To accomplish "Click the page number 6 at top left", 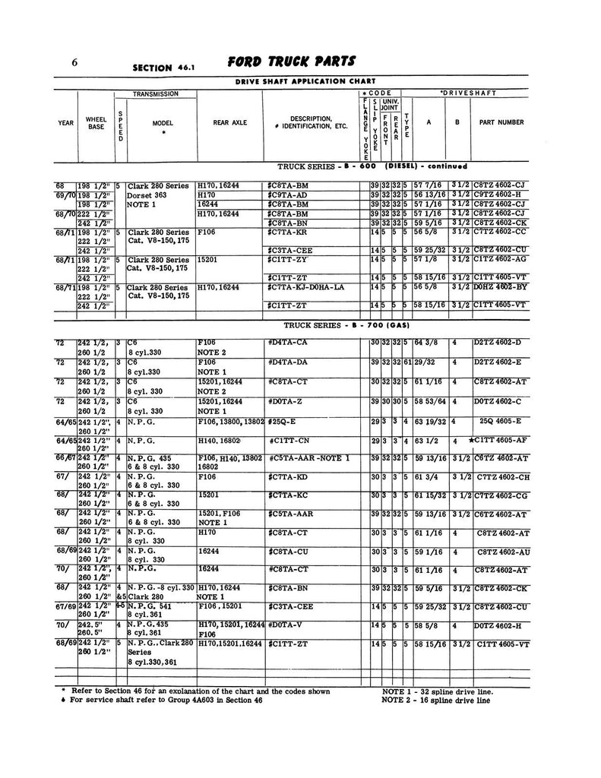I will (x=75, y=63).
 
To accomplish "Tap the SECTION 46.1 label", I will (x=164, y=67).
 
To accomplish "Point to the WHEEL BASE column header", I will (x=96, y=122).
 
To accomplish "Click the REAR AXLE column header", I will (x=228, y=122).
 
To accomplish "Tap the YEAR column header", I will (x=65, y=122).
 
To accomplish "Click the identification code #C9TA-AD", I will (x=289, y=195).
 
